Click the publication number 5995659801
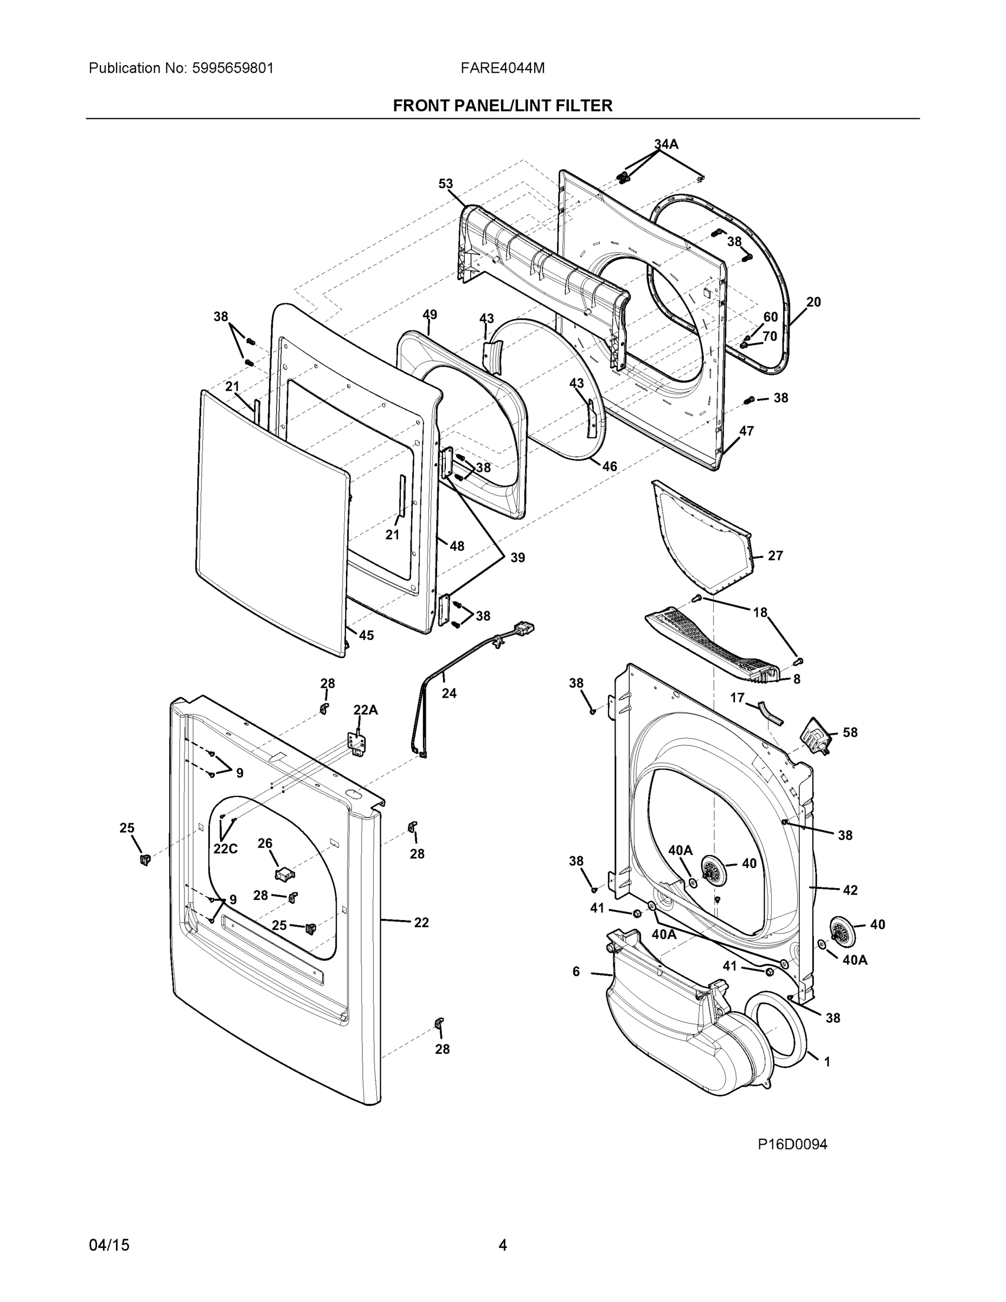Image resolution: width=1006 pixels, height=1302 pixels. click(x=233, y=68)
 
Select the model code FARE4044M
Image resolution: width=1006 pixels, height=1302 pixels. click(x=502, y=68)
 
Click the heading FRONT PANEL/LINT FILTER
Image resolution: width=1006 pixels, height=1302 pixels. click(x=502, y=106)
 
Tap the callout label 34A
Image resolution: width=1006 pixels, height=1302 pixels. click(x=666, y=144)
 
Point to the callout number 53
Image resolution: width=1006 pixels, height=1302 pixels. click(x=445, y=184)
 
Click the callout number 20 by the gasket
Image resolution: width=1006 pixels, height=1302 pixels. click(x=813, y=302)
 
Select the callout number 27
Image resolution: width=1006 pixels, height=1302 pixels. click(x=775, y=556)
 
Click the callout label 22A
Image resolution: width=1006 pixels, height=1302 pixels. click(x=366, y=710)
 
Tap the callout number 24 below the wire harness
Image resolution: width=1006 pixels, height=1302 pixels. click(x=448, y=693)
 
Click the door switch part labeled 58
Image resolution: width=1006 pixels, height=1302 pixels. click(x=813, y=737)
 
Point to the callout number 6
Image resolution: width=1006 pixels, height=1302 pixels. click(x=576, y=972)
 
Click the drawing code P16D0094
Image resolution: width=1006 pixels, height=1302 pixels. click(x=792, y=1144)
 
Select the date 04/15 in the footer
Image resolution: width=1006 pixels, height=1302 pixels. click(x=109, y=1245)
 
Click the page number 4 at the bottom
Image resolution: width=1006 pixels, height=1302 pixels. click(x=502, y=1245)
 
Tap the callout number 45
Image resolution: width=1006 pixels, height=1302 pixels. click(x=366, y=635)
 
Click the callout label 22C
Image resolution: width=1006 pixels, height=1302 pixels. click(x=225, y=848)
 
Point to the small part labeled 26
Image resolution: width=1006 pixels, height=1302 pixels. click(x=284, y=874)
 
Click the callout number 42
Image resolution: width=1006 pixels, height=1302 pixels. click(x=850, y=890)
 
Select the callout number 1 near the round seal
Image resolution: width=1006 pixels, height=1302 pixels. click(x=826, y=1062)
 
